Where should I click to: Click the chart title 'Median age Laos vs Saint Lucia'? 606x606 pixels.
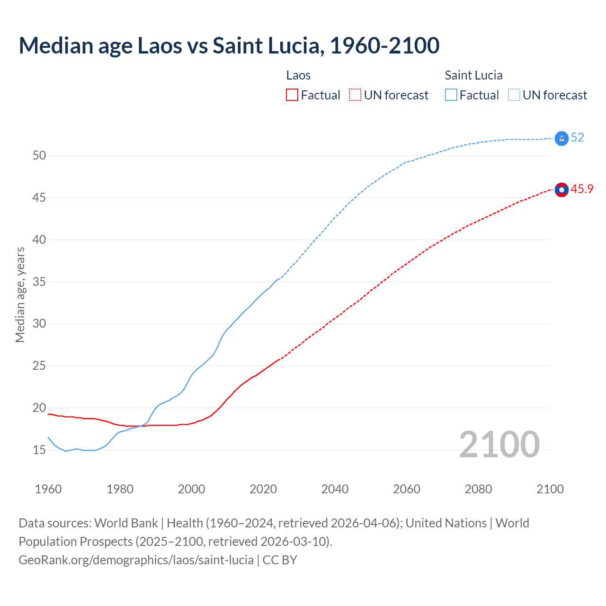(x=229, y=45)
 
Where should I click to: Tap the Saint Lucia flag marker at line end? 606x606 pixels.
(x=561, y=138)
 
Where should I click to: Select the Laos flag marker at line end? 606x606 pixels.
(x=561, y=190)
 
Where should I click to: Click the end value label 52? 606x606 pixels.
(x=577, y=138)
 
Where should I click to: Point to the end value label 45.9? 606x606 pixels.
(x=582, y=189)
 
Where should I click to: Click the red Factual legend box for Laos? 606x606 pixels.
(x=292, y=95)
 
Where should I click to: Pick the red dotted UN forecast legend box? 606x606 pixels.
(x=355, y=95)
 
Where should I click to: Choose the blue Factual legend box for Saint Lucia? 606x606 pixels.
(x=451, y=95)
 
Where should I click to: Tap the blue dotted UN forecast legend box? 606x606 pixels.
(x=514, y=95)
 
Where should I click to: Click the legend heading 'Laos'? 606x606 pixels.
(x=298, y=75)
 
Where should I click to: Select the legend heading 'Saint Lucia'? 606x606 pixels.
(x=473, y=75)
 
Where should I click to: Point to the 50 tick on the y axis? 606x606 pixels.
(x=39, y=156)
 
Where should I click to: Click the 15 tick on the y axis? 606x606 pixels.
(x=39, y=450)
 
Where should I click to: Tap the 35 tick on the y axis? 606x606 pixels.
(x=39, y=282)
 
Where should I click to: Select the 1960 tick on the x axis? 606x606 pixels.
(x=48, y=489)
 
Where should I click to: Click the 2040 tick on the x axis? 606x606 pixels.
(x=335, y=489)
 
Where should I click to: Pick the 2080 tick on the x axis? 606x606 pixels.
(x=478, y=489)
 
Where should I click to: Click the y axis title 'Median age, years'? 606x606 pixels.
(x=20, y=294)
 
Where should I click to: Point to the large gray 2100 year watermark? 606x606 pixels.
(x=499, y=444)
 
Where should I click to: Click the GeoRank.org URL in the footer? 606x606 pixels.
(x=136, y=560)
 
